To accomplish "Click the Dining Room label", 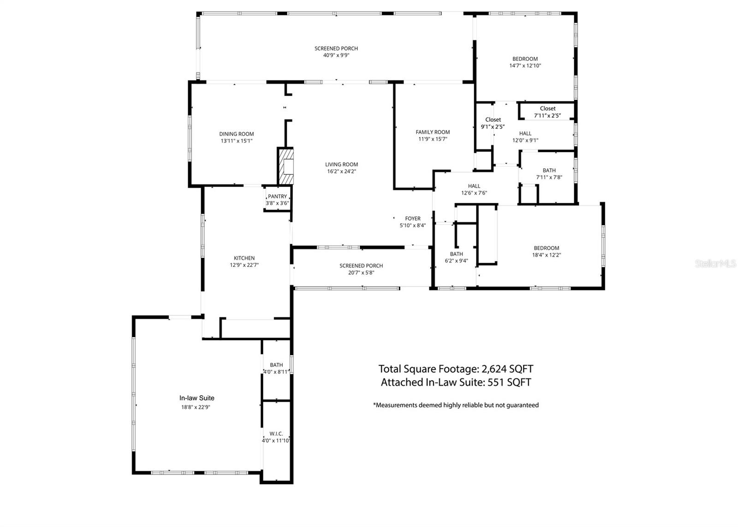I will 237,134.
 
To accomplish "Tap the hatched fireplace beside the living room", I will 286,166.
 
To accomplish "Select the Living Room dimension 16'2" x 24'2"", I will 341,172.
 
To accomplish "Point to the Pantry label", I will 277,196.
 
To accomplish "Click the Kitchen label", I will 244,258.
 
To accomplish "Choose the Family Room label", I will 433,132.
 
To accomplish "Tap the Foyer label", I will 413,219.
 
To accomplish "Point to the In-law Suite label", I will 197,398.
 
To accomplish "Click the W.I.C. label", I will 276,434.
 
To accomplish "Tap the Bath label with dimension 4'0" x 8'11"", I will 276,365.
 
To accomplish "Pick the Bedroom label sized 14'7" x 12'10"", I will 525,59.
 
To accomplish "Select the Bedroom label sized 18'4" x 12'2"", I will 547,248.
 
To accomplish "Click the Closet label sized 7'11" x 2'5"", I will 548,109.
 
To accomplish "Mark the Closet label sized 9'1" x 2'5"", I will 493,120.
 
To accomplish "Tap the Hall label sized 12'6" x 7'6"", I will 474,186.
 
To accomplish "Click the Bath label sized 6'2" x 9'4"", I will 456,254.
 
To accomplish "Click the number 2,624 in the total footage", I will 494,369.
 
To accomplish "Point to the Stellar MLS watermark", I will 715,263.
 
